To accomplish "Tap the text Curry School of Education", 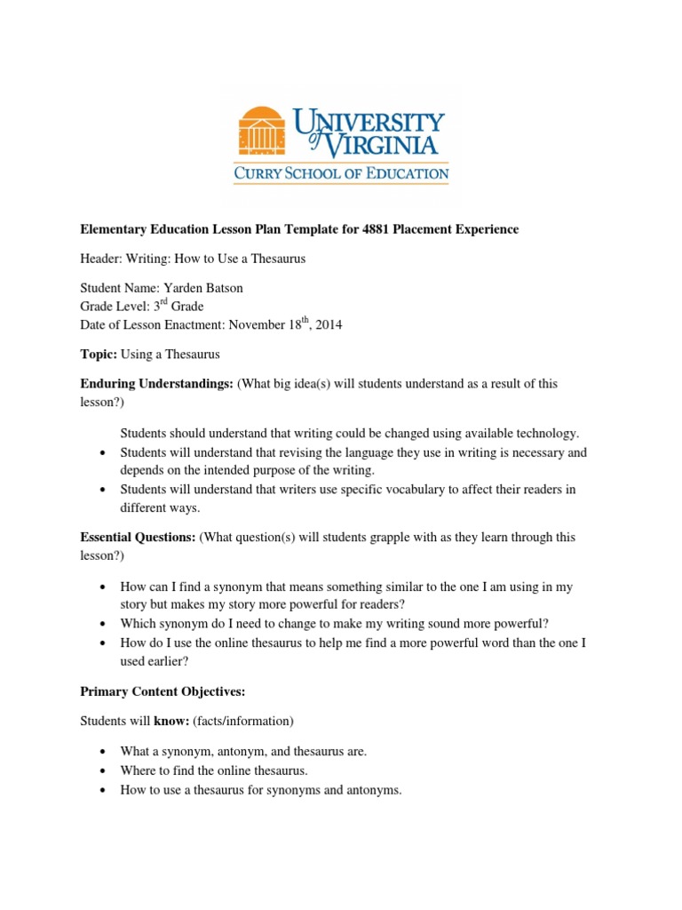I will [341, 173].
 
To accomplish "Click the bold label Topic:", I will [97, 354].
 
